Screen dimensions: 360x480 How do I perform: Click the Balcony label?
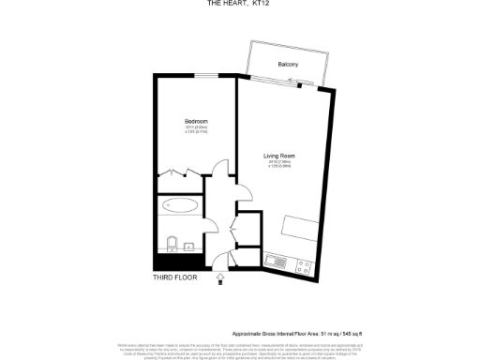[x=288, y=64]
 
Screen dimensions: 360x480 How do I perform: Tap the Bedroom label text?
[x=195, y=122]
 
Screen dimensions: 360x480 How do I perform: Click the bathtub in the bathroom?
[x=180, y=204]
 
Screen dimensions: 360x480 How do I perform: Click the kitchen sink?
[x=277, y=259]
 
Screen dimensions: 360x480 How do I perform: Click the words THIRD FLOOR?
[x=175, y=277]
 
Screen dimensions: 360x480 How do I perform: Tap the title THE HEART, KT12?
[x=240, y=4]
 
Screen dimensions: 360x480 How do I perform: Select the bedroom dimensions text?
[x=195, y=131]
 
